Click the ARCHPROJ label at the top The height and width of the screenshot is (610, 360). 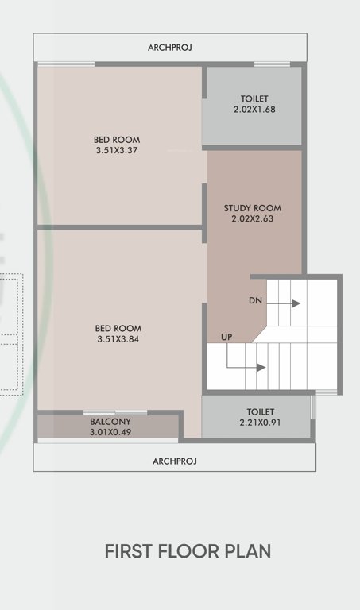coord(170,48)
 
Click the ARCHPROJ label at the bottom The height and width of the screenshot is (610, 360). coord(174,461)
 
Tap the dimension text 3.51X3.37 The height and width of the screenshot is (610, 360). coord(116,150)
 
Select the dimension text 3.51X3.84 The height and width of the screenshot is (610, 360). coord(118,339)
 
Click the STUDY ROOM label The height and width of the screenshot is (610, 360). coord(252,208)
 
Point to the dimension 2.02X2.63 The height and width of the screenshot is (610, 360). coord(252,218)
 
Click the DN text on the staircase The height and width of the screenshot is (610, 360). coord(255,302)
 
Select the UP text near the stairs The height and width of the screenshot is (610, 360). coord(226,338)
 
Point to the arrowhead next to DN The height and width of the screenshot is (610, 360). coord(296,303)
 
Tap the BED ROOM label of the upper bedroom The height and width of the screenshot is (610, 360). coord(116,140)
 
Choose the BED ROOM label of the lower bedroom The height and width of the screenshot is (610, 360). coord(118,328)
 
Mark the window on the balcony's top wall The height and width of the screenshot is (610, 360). coord(115,412)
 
